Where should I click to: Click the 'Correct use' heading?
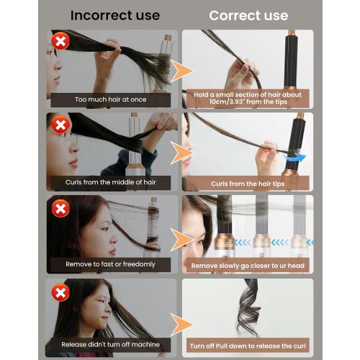coord(248,15)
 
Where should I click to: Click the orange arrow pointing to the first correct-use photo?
coord(183,71)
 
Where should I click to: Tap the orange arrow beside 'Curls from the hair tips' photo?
coord(183,153)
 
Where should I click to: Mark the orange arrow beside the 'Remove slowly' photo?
coord(183,235)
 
